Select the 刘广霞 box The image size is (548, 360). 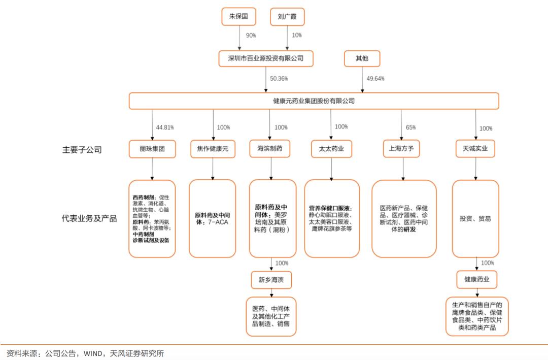[287, 17]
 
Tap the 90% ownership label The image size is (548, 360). [251, 36]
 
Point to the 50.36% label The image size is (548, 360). [279, 79]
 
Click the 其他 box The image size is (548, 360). [362, 58]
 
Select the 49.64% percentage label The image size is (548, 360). [375, 79]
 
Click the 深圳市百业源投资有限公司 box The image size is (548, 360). [266, 58]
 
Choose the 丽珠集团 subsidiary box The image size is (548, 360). [152, 149]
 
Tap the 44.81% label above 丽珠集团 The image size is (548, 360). [165, 127]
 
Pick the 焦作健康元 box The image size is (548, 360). [213, 149]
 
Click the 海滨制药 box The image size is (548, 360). [270, 149]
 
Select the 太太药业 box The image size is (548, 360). [331, 149]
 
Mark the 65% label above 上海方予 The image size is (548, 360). [410, 127]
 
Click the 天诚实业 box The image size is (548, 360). [475, 149]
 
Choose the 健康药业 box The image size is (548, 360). [476, 280]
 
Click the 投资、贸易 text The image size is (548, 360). [475, 219]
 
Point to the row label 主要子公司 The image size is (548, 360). [82, 150]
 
